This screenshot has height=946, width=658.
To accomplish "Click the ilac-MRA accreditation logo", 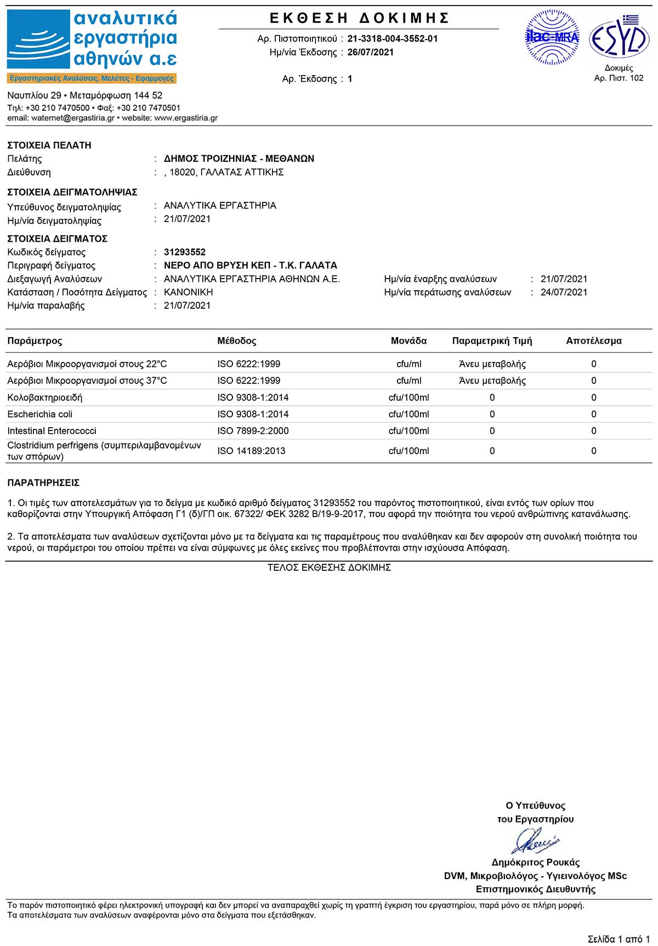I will (x=552, y=37).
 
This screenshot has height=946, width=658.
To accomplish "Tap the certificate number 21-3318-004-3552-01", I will (x=393, y=38).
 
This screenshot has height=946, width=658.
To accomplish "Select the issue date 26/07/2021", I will (x=370, y=52).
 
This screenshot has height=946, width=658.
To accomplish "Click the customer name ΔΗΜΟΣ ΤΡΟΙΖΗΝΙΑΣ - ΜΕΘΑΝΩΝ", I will (x=239, y=158).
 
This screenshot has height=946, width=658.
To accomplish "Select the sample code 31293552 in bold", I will (x=185, y=252).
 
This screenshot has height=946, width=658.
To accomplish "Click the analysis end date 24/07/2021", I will (x=564, y=292).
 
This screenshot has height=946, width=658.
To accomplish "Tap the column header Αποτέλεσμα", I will (x=594, y=341).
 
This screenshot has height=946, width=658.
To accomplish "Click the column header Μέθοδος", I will (x=237, y=341).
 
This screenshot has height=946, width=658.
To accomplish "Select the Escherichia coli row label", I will (x=39, y=414).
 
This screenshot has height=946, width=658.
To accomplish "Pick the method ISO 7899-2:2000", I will (x=253, y=431).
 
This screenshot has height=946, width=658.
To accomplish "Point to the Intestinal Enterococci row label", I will (x=52, y=431).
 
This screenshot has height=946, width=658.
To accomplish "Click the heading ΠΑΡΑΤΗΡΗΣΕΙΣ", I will (x=43, y=483).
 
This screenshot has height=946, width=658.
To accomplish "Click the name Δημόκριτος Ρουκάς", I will (x=535, y=862).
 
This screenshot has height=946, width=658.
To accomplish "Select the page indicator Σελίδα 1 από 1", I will (x=619, y=939).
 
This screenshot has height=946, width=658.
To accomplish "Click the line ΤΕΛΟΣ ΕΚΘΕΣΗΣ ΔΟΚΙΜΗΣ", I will (x=329, y=568).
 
